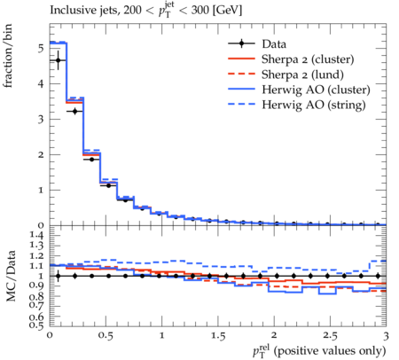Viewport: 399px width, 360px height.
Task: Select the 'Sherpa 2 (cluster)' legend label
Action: click(308, 59)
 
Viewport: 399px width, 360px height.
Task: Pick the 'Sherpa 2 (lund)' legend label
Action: click(302, 74)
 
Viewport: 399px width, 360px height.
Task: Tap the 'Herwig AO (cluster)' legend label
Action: click(316, 90)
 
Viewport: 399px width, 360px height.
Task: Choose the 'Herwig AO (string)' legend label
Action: click(313, 105)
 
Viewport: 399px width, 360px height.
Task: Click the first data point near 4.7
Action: click(59, 60)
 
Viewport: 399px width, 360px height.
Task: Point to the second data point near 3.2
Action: click(75, 112)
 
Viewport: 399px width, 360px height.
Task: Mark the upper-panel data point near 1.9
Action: click(92, 160)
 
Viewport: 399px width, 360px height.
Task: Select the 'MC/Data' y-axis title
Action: click(11, 276)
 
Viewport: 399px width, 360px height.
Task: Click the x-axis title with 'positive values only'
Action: click(319, 351)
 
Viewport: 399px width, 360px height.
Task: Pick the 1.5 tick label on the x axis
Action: click(218, 335)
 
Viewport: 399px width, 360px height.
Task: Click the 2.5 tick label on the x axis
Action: click(330, 335)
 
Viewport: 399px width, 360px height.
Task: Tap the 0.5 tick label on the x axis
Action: click(106, 335)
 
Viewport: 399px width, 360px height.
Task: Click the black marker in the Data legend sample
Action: click(241, 43)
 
